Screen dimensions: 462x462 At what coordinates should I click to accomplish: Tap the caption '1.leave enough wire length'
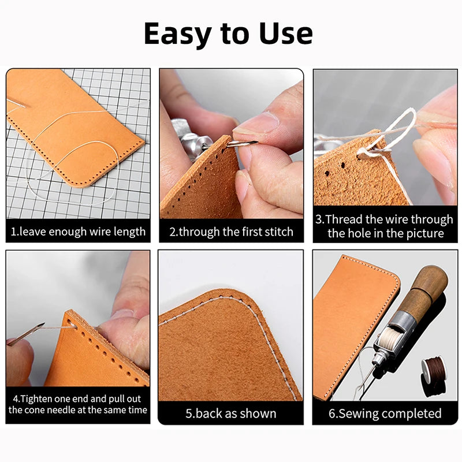click(x=78, y=232)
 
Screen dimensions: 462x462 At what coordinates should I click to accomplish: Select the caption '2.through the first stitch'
click(x=231, y=232)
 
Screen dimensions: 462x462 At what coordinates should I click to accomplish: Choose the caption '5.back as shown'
click(x=231, y=413)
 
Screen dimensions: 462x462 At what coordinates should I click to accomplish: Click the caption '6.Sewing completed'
click(x=385, y=413)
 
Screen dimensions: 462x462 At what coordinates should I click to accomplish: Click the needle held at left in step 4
click(x=26, y=334)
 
